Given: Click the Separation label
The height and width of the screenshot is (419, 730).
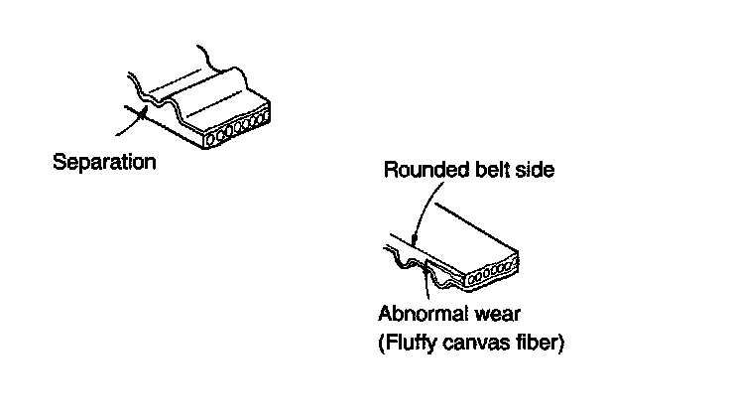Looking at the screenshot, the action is pyautogui.click(x=104, y=162).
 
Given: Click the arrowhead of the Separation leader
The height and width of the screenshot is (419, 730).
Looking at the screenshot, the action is pyautogui.click(x=145, y=113).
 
